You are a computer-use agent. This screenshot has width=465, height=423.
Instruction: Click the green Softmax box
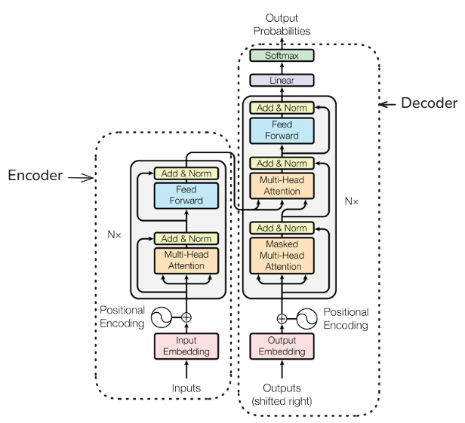(x=282, y=56)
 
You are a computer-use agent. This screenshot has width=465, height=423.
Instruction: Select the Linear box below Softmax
(x=282, y=79)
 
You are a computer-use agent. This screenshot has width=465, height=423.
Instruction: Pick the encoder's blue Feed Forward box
(x=186, y=195)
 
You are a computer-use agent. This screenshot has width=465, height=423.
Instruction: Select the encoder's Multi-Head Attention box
(x=186, y=261)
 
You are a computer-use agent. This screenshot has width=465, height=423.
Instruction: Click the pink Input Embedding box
(x=186, y=346)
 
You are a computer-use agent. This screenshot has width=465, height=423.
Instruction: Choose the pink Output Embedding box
(x=282, y=346)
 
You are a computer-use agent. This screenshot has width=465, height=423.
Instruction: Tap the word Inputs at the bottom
(x=186, y=388)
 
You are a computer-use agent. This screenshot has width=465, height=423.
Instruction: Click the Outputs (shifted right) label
(x=282, y=394)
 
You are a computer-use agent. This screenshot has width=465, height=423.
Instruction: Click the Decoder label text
(x=429, y=103)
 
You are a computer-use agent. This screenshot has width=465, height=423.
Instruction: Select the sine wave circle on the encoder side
(x=162, y=318)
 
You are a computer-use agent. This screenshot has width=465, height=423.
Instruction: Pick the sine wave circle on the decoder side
(x=306, y=318)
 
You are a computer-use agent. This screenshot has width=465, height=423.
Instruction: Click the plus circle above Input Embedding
(x=186, y=318)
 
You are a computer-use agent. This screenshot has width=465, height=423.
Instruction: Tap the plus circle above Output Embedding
(x=282, y=318)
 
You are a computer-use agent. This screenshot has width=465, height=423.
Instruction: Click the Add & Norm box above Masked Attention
(x=282, y=228)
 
